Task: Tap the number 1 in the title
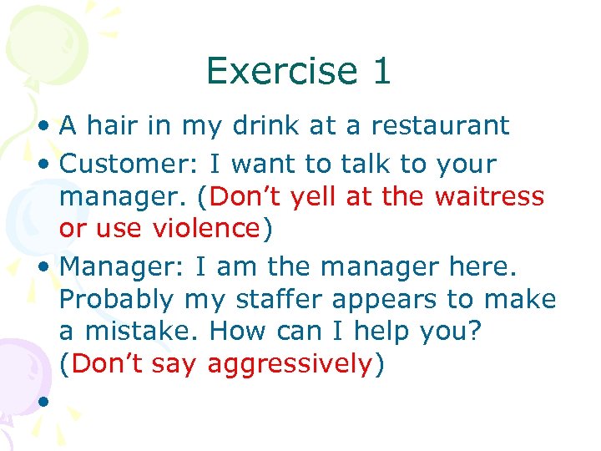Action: [x=381, y=71]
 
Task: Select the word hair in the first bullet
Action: [x=118, y=125]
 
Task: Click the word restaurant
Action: [x=440, y=125]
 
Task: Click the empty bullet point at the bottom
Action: [x=40, y=401]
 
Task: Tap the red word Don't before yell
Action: [x=244, y=197]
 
